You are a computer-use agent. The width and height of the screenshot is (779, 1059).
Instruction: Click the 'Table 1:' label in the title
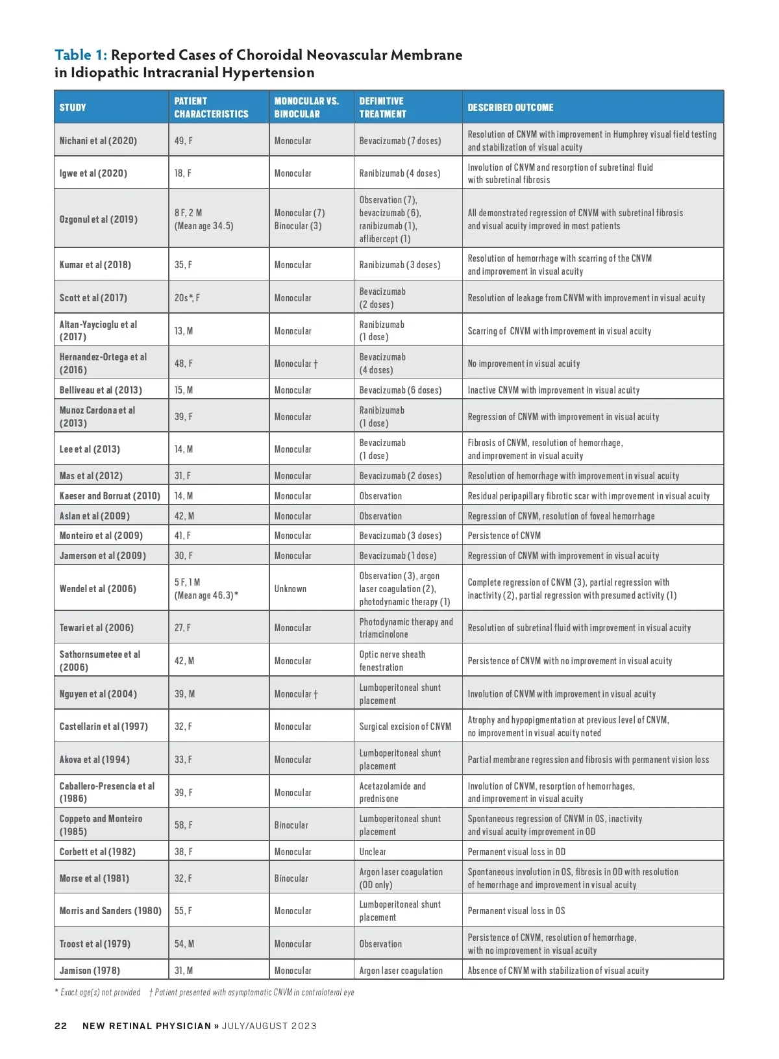point(80,55)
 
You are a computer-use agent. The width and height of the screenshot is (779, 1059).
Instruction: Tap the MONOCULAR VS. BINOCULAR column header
point(306,108)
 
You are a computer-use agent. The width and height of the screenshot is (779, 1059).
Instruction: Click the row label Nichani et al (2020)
point(98,141)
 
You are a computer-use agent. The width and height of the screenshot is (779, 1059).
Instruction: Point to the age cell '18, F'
point(183,173)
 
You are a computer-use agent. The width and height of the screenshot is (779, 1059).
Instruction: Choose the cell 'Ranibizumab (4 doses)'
point(400,173)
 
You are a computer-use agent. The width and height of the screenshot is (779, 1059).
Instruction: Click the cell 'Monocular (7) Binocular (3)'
point(299,219)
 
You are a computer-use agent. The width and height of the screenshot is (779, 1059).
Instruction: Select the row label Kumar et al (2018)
point(95,265)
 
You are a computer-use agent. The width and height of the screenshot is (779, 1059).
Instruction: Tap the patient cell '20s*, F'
point(187,298)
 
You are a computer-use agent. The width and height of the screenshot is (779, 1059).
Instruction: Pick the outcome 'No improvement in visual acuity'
point(524,364)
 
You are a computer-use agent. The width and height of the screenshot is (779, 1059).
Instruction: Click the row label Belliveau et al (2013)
point(101,390)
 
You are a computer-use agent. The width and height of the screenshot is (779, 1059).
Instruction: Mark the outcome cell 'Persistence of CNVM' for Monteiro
point(504,536)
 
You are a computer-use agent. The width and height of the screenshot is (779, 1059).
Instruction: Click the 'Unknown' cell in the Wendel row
point(290,589)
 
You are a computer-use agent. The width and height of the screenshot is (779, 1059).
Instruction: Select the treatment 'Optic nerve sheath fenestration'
point(392,661)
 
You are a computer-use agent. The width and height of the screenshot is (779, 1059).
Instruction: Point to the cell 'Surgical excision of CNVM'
point(405,727)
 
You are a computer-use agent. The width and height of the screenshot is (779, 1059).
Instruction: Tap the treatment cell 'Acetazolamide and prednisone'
point(393,792)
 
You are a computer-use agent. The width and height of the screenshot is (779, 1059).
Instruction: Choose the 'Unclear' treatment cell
point(373,852)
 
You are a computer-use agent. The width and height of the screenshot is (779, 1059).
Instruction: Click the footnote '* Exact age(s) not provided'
point(97,992)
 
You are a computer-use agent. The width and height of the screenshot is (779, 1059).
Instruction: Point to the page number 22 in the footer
point(60,1026)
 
